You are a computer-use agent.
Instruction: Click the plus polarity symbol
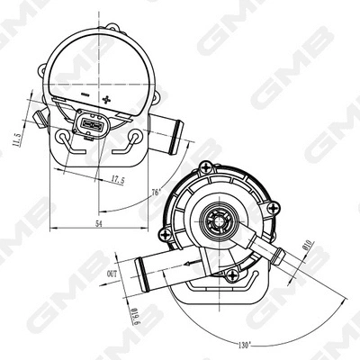pos(107,99)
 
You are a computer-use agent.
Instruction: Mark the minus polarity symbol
pos(82,93)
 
